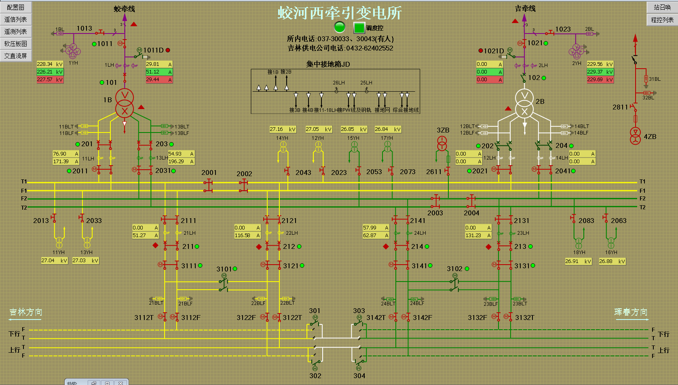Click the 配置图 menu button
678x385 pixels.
(x=15, y=7)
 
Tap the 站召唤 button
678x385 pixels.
(x=662, y=7)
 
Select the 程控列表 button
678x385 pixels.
(x=662, y=19)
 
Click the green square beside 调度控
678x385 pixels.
(x=359, y=27)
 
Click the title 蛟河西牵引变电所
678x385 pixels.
(x=340, y=13)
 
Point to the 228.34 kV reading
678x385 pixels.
(x=50, y=64)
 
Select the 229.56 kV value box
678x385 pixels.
(x=600, y=64)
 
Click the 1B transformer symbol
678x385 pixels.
(x=125, y=103)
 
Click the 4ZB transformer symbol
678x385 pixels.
(x=636, y=136)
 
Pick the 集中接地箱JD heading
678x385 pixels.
(x=328, y=64)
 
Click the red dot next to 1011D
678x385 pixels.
(x=168, y=50)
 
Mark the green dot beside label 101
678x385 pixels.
(x=102, y=82)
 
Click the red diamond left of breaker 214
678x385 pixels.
(x=386, y=246)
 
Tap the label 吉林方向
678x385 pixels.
(x=26, y=312)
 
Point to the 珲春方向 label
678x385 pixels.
(x=631, y=312)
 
